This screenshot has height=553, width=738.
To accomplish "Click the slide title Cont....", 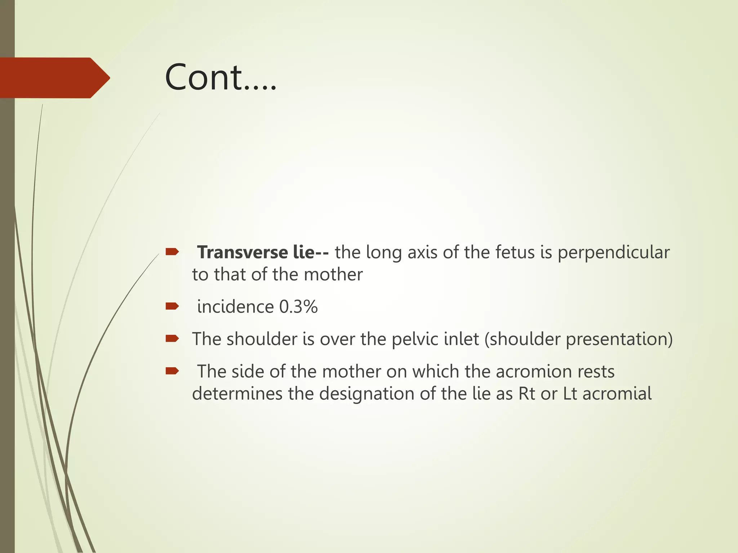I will (x=221, y=77).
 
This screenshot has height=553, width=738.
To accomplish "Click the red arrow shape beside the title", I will (x=54, y=78).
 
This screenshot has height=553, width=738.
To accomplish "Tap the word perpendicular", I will (x=614, y=253).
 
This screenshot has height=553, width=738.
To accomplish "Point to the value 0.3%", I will (x=298, y=307).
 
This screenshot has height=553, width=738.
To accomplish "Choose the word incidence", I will (x=235, y=307).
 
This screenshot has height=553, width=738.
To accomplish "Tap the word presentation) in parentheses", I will (x=619, y=340).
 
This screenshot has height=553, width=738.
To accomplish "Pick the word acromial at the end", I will (x=617, y=394).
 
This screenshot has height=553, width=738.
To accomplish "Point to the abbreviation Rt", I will (x=526, y=394).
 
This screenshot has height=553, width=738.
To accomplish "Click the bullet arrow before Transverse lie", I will (x=172, y=252).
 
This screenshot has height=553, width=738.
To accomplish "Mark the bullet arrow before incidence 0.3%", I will (x=172, y=306).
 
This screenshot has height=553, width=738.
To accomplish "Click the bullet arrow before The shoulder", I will (x=172, y=338).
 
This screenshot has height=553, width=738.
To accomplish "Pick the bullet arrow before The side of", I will (x=172, y=371).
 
